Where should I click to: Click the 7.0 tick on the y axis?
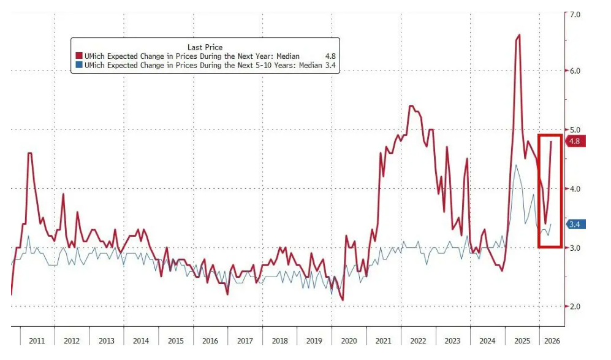(x=575, y=13)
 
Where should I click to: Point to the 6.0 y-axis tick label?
(x=575, y=71)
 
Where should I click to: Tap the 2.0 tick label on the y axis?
(x=575, y=307)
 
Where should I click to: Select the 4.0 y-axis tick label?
(x=575, y=189)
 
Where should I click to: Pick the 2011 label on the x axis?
(x=37, y=340)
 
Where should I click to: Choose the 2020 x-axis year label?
(x=348, y=340)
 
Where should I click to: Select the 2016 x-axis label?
(x=210, y=340)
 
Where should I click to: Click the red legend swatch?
(x=79, y=56)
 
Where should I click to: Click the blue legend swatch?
(x=79, y=65)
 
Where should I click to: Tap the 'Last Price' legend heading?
(x=204, y=47)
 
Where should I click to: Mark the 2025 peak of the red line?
(x=518, y=36)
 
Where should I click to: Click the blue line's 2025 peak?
(x=516, y=166)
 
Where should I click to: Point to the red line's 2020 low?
(x=342, y=300)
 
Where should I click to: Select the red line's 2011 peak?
(x=29, y=153)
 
